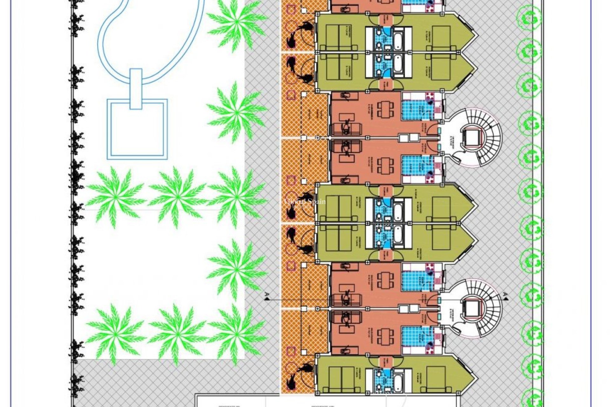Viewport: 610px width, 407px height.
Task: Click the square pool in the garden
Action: click(137, 129)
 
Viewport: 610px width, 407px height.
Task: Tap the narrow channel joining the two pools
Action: click(136, 88)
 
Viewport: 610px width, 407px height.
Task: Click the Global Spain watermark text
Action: click(304, 202)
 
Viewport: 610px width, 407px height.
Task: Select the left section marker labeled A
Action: click(267, 296)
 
